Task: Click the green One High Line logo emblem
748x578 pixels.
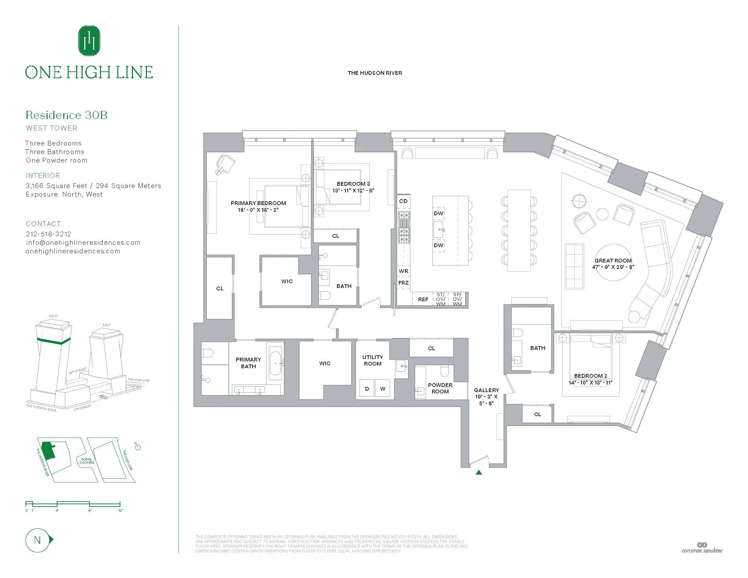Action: [x=89, y=40]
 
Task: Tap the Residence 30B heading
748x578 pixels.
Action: [x=66, y=115]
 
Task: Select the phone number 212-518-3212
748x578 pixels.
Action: [x=49, y=234]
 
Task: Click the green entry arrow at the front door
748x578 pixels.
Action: [x=479, y=473]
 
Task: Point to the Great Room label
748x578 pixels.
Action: [x=613, y=260]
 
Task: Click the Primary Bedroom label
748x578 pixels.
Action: [x=258, y=203]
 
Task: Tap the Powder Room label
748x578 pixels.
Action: [x=440, y=388]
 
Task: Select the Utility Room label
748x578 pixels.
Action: [x=373, y=360]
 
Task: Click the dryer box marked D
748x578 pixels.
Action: [x=367, y=389]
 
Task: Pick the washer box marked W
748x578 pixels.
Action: [x=382, y=389]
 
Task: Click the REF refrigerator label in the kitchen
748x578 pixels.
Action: [x=423, y=299]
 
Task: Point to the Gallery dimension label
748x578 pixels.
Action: [x=486, y=396]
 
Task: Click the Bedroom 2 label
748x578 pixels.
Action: [x=591, y=376]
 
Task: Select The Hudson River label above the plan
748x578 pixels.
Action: [x=375, y=73]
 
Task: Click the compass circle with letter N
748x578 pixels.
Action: [x=37, y=540]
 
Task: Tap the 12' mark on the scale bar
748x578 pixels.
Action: [x=120, y=510]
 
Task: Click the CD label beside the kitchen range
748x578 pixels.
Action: [x=404, y=201]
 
